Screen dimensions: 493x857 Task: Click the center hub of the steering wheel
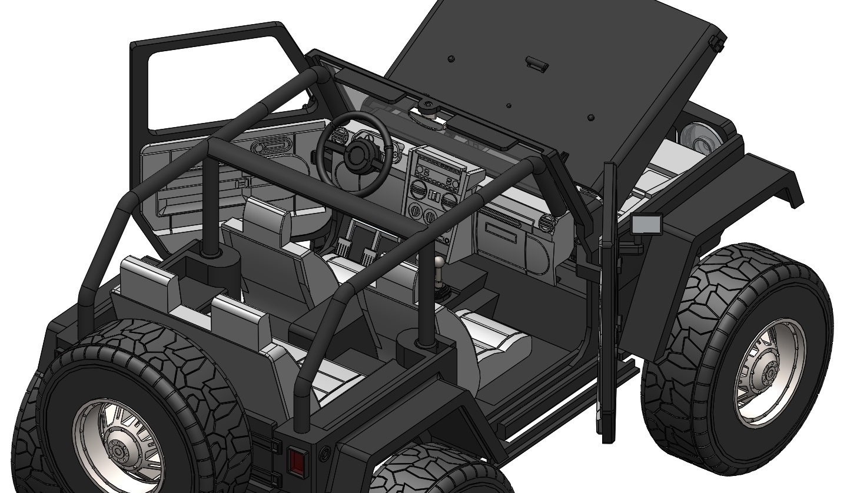356,155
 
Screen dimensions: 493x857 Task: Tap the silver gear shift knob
439,264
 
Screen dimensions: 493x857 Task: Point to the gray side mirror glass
646,225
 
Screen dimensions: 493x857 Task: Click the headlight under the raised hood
698,137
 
